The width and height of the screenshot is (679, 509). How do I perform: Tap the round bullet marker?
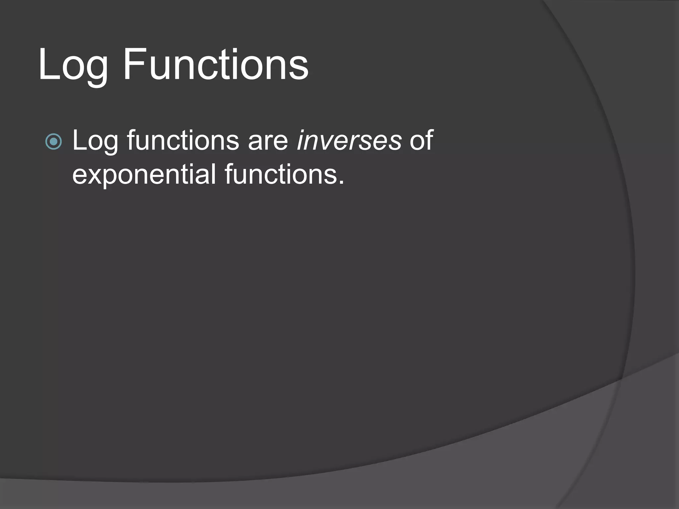coord(53,142)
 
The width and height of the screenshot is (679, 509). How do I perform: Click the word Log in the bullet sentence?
coord(95,141)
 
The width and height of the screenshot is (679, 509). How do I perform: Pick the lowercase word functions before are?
coord(183,141)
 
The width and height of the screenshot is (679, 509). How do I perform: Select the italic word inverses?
coord(349,141)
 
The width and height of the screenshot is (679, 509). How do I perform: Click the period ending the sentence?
coord(341,183)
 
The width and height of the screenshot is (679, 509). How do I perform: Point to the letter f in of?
coord(429,139)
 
